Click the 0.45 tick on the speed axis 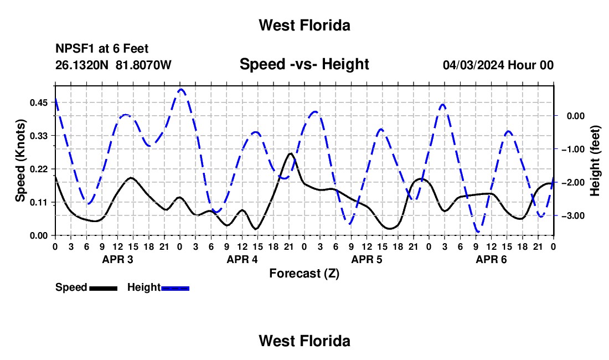(x=38, y=102)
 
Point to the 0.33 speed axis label (x=38, y=136)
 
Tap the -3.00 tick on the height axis (x=573, y=216)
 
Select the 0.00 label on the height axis (x=576, y=116)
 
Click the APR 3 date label (x=118, y=259)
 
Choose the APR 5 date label (x=367, y=259)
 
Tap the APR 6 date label (x=491, y=259)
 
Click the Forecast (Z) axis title (x=304, y=274)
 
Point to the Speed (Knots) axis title (x=20, y=161)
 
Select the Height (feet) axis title (x=595, y=161)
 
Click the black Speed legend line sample (x=104, y=289)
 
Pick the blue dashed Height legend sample (x=175, y=289)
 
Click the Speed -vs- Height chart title (x=304, y=64)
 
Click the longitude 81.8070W (x=143, y=65)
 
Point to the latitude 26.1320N (x=82, y=65)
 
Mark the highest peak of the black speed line (x=290, y=153)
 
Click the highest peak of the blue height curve (x=181, y=89)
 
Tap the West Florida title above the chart (x=304, y=25)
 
